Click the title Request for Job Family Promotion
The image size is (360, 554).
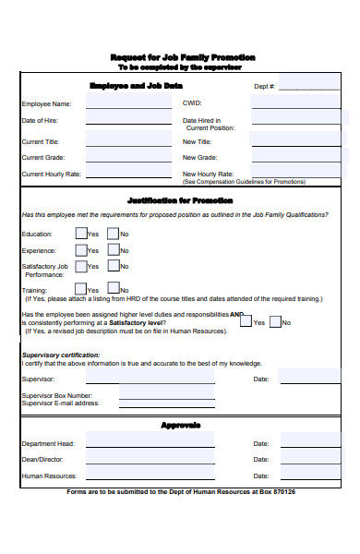182,57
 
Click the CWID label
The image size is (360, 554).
192,103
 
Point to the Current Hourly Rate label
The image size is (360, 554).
52,174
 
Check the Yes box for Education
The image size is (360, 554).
81,234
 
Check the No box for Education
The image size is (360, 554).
113,234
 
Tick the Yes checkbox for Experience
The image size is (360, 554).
81,250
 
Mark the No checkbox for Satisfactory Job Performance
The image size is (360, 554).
113,266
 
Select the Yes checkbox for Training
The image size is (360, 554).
81,288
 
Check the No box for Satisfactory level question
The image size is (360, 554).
274,321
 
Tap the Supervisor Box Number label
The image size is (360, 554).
56,395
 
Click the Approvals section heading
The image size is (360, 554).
180,426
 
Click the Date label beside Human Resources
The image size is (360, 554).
261,476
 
